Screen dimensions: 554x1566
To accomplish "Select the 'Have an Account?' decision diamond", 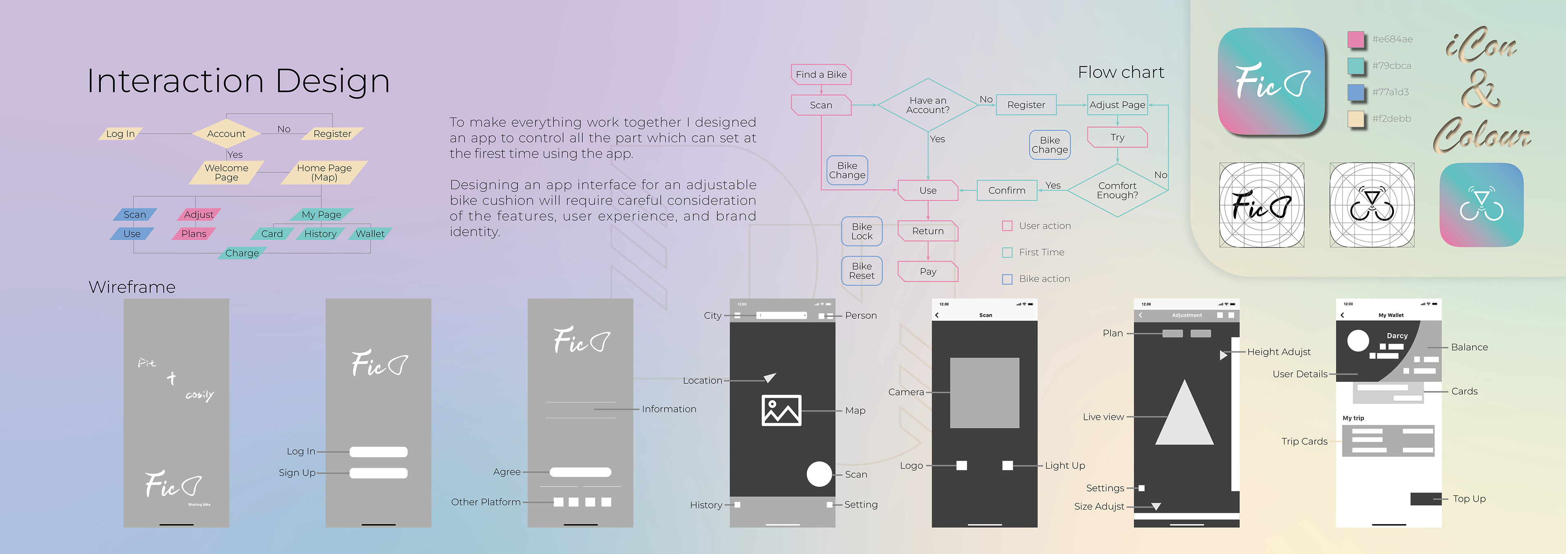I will (x=928, y=104).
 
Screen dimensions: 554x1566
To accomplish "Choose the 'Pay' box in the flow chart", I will (x=928, y=271).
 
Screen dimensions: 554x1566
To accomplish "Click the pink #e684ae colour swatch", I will (x=1356, y=39).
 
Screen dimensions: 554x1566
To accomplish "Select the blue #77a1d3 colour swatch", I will (x=1356, y=92).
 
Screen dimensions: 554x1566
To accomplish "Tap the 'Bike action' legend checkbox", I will (x=1007, y=279).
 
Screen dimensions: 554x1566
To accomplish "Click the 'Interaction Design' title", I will (x=238, y=81).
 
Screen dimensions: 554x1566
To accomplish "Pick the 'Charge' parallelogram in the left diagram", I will (x=242, y=253).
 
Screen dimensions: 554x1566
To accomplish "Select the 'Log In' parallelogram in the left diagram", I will (x=120, y=134).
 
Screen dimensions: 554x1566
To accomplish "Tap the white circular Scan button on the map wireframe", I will (x=819, y=474).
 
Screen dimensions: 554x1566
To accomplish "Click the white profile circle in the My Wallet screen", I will (x=1358, y=341).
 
